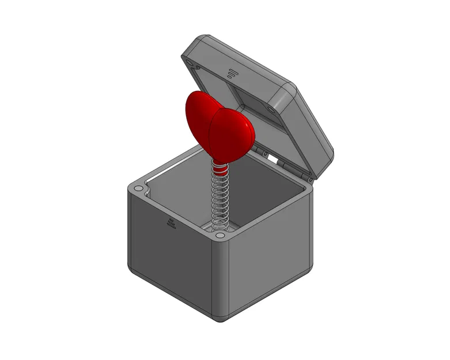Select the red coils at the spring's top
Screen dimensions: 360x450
click(x=220, y=169)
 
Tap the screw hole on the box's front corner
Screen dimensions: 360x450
click(x=220, y=235)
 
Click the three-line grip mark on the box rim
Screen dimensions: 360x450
click(x=171, y=223)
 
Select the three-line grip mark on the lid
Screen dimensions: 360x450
click(x=232, y=73)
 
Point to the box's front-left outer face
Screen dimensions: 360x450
click(x=167, y=253)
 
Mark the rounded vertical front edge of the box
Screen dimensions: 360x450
click(x=222, y=276)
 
